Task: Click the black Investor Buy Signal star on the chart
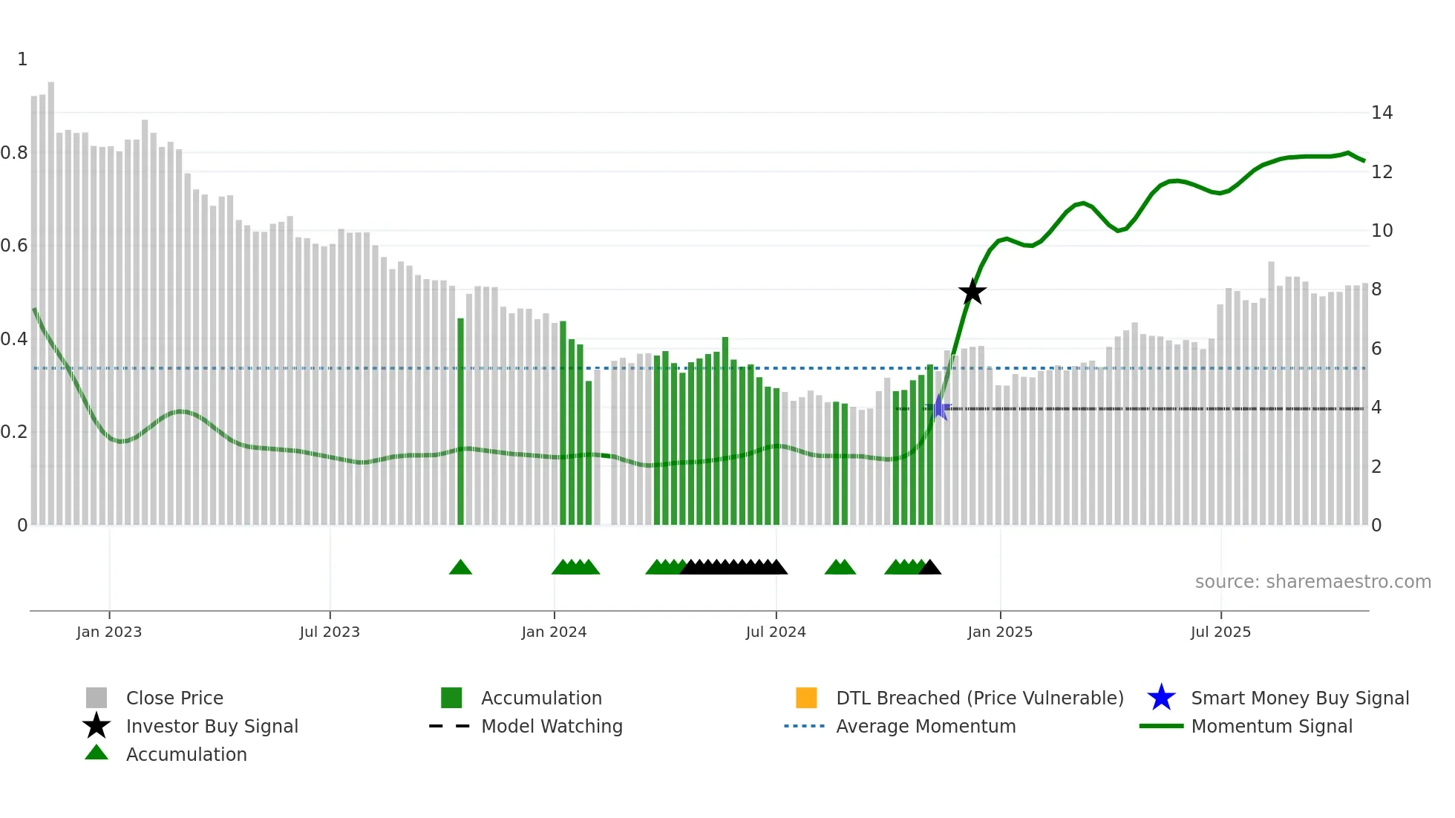point(972,292)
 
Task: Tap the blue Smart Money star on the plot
point(939,408)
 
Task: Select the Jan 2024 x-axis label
point(554,632)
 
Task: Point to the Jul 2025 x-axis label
point(1220,632)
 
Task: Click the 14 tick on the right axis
point(1382,113)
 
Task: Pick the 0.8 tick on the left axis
point(14,153)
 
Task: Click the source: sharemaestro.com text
point(1312,582)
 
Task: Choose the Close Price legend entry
point(174,698)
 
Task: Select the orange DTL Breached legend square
point(806,698)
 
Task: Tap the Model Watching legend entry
point(551,726)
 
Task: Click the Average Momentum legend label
point(926,726)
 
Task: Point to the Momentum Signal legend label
point(1271,726)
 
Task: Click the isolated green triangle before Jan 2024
point(460,568)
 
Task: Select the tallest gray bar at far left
point(51,297)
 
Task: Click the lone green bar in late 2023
point(460,423)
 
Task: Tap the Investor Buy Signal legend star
point(97,726)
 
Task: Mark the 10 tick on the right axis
point(1382,231)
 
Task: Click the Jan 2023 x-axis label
point(108,632)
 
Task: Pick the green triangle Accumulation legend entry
point(186,754)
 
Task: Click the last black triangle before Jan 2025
point(929,568)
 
